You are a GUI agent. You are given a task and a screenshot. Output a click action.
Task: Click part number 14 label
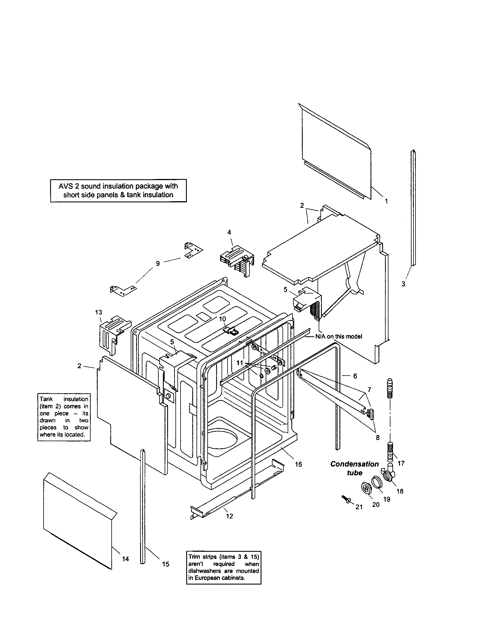(x=125, y=559)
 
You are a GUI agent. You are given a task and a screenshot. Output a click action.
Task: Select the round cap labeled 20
(x=366, y=488)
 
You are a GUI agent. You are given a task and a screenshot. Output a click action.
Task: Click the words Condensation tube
(x=355, y=468)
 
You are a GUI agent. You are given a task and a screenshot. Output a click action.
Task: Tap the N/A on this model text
(x=338, y=337)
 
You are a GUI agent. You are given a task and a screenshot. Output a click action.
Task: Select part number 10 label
(x=222, y=319)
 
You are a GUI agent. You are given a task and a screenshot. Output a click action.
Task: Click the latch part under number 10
(x=231, y=331)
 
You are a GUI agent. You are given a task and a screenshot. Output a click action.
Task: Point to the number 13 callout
(x=98, y=312)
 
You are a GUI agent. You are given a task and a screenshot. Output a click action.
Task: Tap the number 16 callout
(x=298, y=464)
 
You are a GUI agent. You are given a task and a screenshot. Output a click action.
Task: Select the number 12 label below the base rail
(x=230, y=516)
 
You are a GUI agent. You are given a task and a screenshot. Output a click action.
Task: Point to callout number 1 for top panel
(x=386, y=201)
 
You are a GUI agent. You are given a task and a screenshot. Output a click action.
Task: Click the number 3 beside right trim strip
(x=403, y=284)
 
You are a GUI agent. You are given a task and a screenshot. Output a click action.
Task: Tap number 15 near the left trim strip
(x=165, y=564)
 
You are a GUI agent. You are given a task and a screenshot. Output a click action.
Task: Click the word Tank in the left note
(x=46, y=399)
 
